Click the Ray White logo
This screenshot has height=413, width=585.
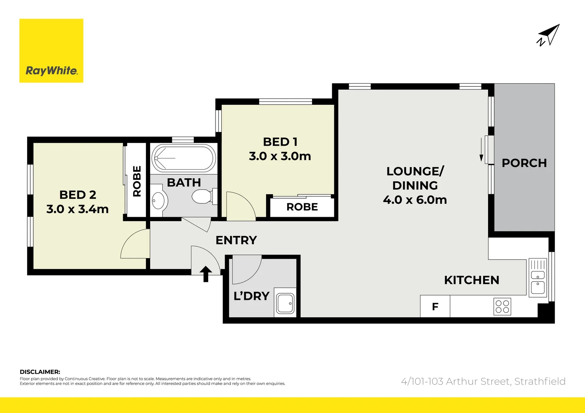point(51,51)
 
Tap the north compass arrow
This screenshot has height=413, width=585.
point(549,35)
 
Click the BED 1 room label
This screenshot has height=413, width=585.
point(280,142)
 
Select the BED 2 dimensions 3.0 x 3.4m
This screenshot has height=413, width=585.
point(77,209)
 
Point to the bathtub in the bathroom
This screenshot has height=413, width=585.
point(183,158)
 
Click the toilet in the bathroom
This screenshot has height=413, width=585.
point(202,197)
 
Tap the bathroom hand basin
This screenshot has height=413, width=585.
point(158,200)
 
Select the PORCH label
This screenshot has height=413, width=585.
point(524,163)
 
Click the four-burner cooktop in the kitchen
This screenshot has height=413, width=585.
point(502,306)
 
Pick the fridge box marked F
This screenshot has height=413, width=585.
point(435,306)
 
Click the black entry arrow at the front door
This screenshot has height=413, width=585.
point(206,273)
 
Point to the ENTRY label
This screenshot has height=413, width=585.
point(236,240)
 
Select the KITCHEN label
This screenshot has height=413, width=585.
point(472,280)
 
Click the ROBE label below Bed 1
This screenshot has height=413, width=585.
point(302,207)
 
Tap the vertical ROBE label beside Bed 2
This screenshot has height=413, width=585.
point(137,181)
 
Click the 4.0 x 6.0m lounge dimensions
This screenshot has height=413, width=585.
point(415,200)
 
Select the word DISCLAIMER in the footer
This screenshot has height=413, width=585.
point(40,372)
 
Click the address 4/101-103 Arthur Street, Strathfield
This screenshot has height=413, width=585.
point(483,381)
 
